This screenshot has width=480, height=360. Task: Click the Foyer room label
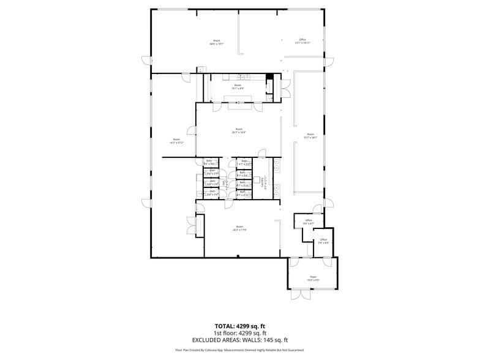tap(313, 279)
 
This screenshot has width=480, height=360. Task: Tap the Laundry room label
tap(264, 181)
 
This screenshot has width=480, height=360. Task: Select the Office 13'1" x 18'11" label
tap(302, 41)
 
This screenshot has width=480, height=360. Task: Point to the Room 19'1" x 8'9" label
tap(238, 88)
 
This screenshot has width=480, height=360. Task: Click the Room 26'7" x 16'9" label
tap(239, 130)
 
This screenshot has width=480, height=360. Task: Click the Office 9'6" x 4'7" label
tap(308, 222)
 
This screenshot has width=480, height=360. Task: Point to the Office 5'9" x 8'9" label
tap(323, 241)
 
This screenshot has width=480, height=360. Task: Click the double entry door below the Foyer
tap(300, 294)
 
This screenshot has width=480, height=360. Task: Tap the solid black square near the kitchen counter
tap(269, 77)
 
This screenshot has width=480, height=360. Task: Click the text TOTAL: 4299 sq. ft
tap(239, 326)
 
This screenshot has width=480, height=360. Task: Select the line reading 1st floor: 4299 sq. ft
tap(239, 332)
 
